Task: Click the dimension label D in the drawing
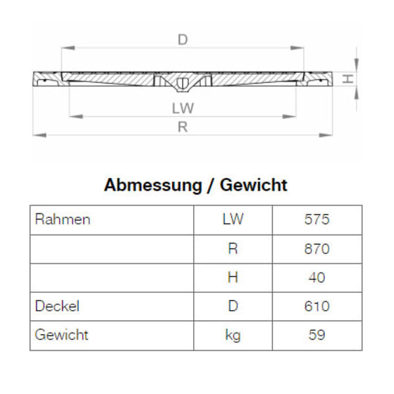click(x=183, y=39)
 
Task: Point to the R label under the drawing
click(x=183, y=127)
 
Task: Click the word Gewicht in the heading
click(x=253, y=185)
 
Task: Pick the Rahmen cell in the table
click(x=62, y=219)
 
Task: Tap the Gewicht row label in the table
click(x=61, y=335)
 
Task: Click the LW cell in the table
click(x=232, y=219)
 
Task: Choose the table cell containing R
click(x=232, y=249)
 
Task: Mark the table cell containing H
click(x=232, y=277)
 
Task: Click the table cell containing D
click(x=232, y=306)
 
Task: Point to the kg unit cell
click(x=232, y=336)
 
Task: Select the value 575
click(x=317, y=219)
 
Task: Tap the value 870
click(x=317, y=249)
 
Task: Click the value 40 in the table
click(x=317, y=277)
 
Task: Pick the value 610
click(x=317, y=306)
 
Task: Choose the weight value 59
click(x=317, y=336)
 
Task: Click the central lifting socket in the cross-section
click(x=183, y=83)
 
